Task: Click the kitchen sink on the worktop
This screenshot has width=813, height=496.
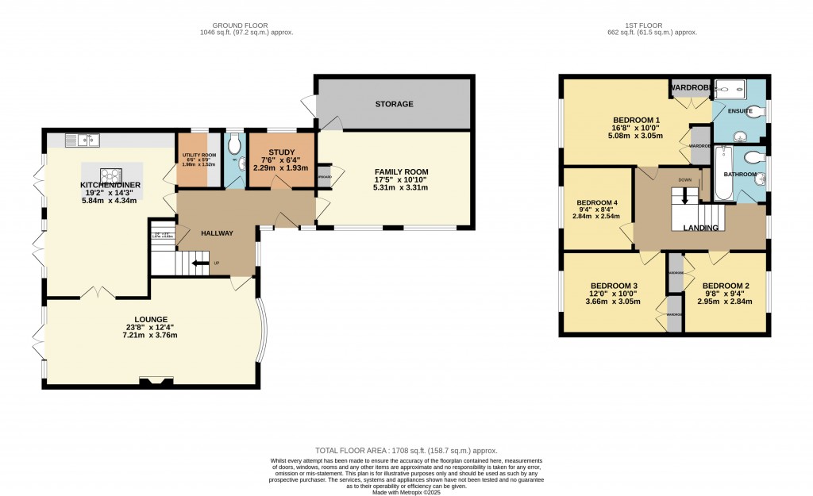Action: click(82, 140)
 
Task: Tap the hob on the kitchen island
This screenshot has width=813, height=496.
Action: click(110, 175)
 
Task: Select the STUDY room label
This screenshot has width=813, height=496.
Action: click(281, 152)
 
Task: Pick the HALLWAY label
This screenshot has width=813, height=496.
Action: click(216, 233)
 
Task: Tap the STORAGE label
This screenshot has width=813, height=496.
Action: click(394, 104)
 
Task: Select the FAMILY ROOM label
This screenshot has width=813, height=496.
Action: click(401, 171)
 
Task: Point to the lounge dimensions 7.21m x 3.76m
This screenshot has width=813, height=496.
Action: click(149, 335)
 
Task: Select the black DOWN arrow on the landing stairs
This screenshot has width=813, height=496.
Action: click(685, 195)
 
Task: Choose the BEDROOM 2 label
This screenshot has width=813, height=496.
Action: click(726, 286)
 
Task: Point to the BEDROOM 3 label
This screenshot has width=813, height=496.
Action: click(615, 286)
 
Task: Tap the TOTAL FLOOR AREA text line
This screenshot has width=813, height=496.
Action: click(405, 450)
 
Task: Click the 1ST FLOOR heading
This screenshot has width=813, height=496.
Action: click(651, 25)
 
